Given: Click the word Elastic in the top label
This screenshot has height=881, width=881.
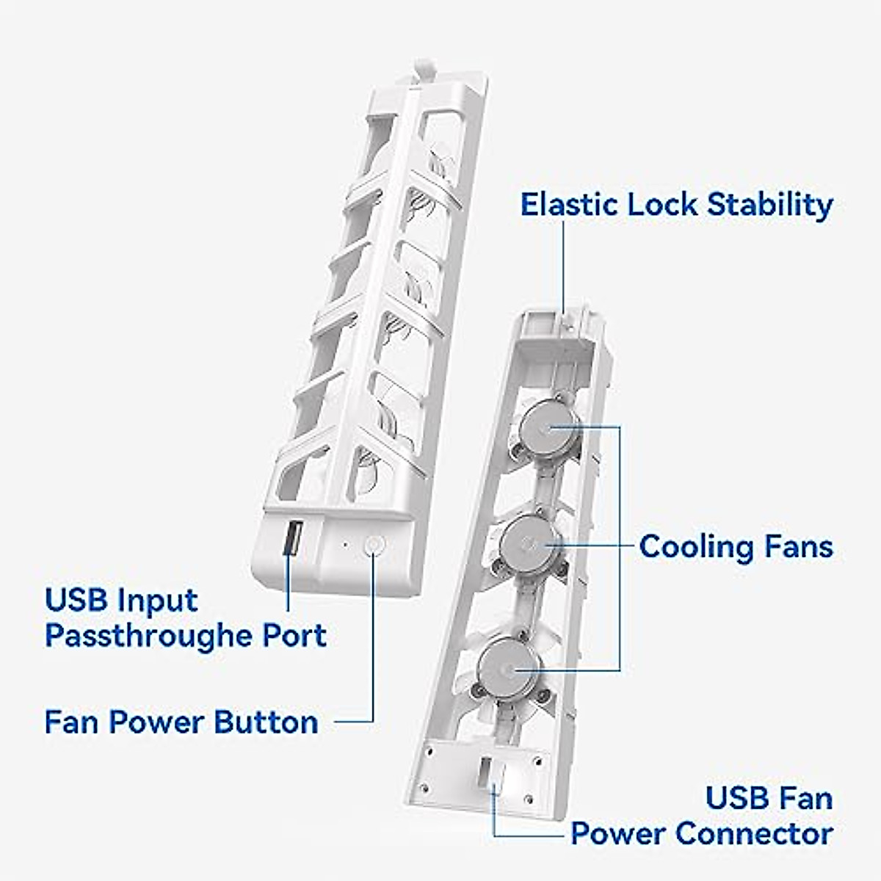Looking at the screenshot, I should pyautogui.click(x=569, y=204).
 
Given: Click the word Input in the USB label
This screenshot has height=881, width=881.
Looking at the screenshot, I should pyautogui.click(x=159, y=600).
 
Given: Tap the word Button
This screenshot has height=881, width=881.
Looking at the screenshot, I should pyautogui.click(x=266, y=722).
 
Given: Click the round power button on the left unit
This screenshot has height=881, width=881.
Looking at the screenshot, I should pyautogui.click(x=374, y=545).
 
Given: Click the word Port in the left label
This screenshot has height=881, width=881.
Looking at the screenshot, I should pyautogui.click(x=295, y=636).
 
